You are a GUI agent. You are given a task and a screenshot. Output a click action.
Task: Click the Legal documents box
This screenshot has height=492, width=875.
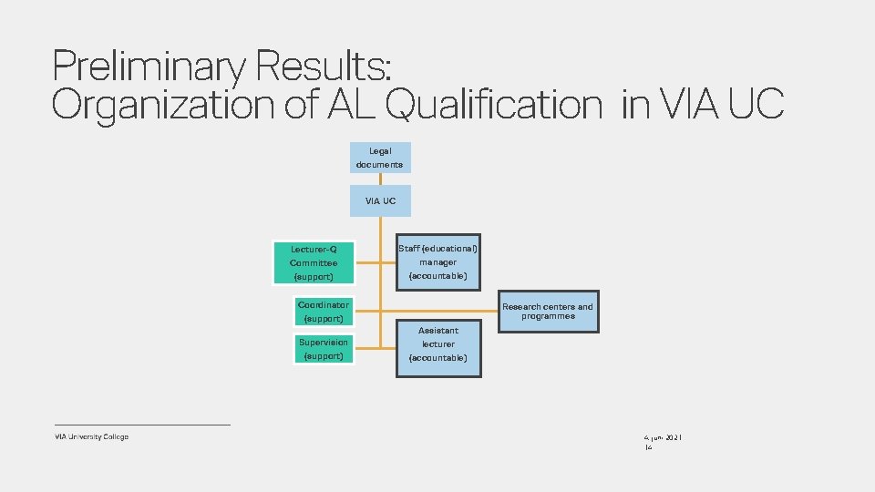(380, 158)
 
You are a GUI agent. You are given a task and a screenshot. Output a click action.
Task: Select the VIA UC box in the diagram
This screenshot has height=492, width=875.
(380, 200)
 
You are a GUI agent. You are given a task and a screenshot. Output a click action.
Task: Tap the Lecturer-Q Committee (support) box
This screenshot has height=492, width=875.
(314, 262)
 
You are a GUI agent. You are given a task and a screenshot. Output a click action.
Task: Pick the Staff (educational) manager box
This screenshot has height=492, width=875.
(437, 262)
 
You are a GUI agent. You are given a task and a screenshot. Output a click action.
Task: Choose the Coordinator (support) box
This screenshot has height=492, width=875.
(323, 312)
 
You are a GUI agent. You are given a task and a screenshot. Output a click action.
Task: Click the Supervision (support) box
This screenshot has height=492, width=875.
(323, 348)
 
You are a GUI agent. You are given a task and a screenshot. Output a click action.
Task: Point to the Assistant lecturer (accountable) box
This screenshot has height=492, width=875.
(437, 344)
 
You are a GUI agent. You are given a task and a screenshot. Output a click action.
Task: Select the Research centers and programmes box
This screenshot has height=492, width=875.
(548, 312)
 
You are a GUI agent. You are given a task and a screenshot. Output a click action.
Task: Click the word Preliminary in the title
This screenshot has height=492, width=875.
(149, 67)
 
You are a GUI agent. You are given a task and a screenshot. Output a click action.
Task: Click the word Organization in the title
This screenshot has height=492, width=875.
(160, 106)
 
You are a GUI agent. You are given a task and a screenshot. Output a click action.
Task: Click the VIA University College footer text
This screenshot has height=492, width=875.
(91, 436)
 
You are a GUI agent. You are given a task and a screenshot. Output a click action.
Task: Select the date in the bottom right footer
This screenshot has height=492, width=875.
(664, 438)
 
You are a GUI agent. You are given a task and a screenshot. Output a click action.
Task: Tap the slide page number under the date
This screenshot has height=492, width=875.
(648, 448)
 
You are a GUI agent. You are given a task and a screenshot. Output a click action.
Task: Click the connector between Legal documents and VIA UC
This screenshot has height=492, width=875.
(380, 179)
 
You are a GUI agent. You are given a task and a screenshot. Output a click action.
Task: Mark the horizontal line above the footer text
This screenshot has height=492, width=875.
(142, 425)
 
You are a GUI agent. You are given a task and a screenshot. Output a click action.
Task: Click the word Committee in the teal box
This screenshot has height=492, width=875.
(314, 262)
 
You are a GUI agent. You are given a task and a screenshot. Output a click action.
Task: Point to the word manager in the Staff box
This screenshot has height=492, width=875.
(437, 262)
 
